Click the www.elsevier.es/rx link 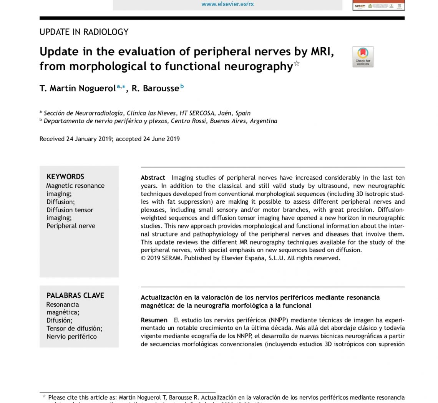227,4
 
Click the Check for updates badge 363,57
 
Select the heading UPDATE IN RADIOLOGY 84,32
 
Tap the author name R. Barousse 155,89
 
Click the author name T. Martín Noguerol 77,89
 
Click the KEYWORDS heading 65,177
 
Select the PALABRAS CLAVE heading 75,296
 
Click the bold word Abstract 153,178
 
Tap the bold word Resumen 154,320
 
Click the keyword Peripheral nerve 71,226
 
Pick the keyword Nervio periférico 71,337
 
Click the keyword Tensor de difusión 74,329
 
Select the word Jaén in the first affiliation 225,113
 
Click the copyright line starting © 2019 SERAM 241,258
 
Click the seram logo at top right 360,5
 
